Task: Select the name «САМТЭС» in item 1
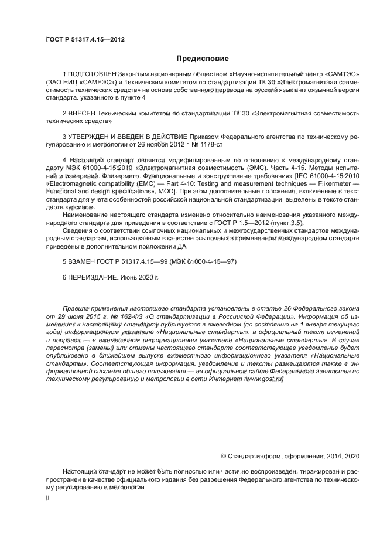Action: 339,75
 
